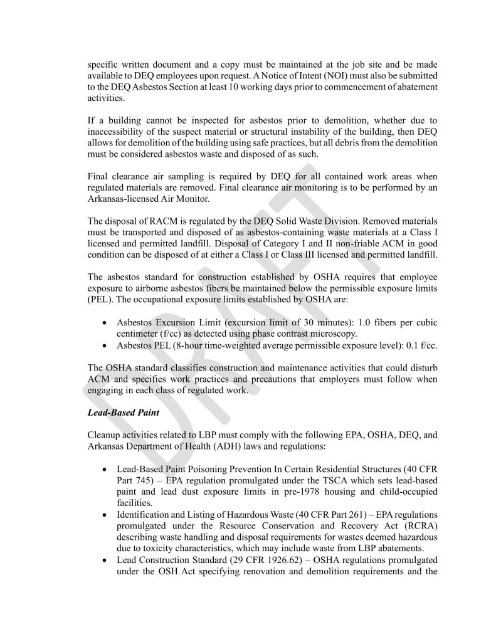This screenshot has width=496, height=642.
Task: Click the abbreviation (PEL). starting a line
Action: (x=99, y=298)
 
